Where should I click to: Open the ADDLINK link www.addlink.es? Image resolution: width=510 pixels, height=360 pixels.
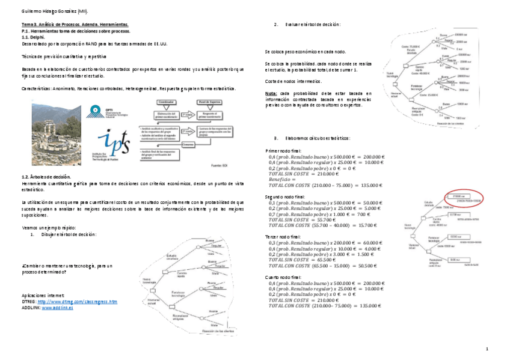[59, 307]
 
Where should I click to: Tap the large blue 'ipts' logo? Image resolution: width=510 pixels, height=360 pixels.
[112, 144]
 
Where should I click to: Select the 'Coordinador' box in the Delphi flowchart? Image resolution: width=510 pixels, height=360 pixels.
[167, 103]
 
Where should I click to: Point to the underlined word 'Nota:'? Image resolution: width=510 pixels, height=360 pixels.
[271, 94]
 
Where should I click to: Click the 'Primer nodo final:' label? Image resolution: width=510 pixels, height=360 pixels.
[283, 150]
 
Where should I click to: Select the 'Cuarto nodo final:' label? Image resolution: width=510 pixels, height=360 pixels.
[284, 277]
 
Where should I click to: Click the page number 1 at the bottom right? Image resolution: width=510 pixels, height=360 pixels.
[487, 349]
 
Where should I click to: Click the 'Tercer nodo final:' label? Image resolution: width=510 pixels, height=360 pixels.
[283, 237]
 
